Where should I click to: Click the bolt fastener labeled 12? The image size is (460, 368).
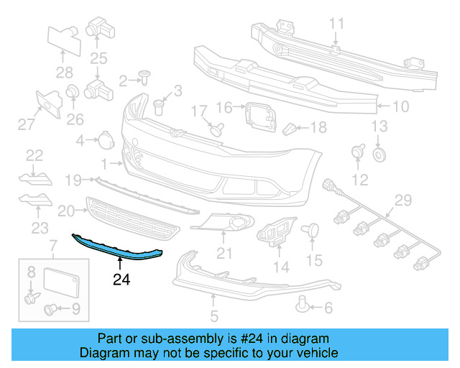(x=356, y=153)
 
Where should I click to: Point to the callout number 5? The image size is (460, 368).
(x=213, y=316)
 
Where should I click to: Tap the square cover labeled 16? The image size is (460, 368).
(x=257, y=114)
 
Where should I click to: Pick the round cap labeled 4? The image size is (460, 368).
(x=104, y=139)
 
